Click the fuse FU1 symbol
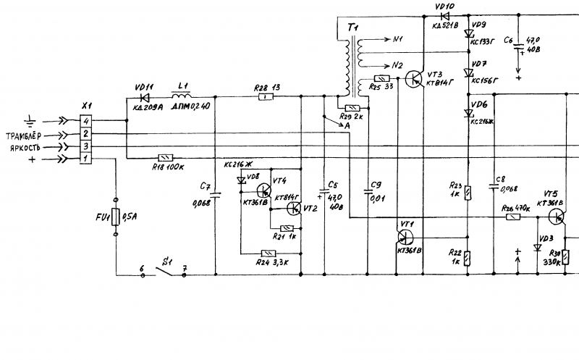(x=116, y=217)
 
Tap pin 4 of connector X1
(x=86, y=120)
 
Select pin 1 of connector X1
(x=86, y=158)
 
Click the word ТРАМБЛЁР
(x=25, y=135)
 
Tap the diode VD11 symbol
(x=143, y=96)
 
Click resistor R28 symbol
(x=267, y=96)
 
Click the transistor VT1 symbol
(x=406, y=235)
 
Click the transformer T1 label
(x=353, y=27)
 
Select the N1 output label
(x=397, y=40)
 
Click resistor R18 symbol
(x=166, y=158)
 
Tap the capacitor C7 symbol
(x=216, y=194)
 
